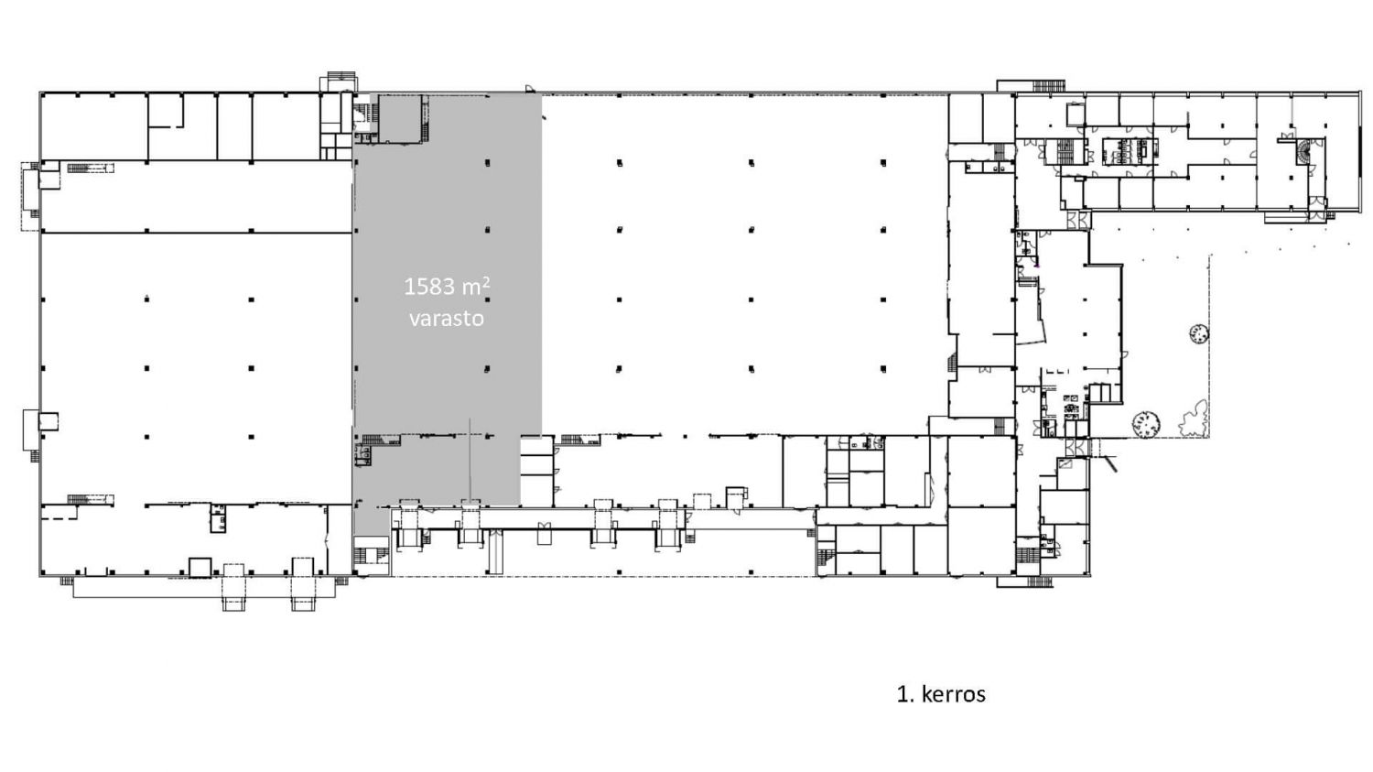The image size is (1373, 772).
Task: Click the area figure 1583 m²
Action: (447, 287)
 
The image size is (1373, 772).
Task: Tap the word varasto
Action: (447, 319)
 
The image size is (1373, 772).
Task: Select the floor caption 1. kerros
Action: (941, 694)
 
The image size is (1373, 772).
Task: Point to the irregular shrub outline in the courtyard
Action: (1194, 419)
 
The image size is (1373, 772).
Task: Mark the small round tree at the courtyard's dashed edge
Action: (1199, 334)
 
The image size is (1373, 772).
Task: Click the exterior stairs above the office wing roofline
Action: (1047, 86)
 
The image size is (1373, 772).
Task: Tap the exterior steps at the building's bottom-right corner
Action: (1039, 582)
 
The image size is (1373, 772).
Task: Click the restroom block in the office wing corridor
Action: (1130, 151)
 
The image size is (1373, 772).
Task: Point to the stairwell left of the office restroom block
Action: (1066, 151)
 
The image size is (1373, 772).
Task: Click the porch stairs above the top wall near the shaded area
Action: (341, 76)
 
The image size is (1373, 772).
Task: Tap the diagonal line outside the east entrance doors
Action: (1108, 463)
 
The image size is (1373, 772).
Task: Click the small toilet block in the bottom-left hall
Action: (218, 518)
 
